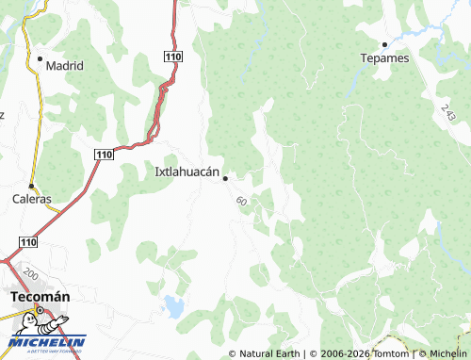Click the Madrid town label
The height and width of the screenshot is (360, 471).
click(65, 66)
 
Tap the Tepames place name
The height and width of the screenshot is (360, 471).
click(384, 57)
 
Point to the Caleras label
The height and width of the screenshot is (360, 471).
click(31, 200)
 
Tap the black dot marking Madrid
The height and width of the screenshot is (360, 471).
click(40, 58)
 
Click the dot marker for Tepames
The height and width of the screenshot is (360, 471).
click(384, 44)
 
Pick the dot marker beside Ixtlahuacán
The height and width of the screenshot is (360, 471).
click(225, 178)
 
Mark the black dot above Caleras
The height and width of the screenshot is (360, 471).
click(31, 186)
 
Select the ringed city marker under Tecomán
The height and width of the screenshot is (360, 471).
click(40, 310)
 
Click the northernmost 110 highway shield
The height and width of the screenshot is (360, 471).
click(171, 57)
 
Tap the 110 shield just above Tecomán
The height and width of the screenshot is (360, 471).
click(28, 242)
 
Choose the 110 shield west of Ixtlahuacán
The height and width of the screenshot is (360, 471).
click(104, 154)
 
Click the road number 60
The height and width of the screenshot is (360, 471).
click(242, 201)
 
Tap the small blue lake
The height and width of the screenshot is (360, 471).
click(174, 305)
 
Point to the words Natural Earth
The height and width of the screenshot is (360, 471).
click(271, 353)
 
